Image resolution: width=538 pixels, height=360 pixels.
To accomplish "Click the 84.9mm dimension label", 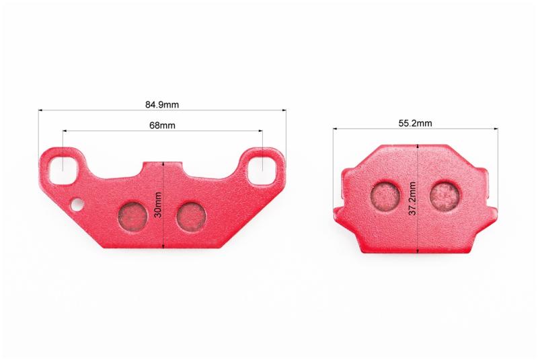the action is click(162, 104).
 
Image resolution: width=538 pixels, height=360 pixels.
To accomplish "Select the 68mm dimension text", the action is click(162, 125).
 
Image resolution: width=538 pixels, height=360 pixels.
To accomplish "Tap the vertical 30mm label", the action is click(158, 205).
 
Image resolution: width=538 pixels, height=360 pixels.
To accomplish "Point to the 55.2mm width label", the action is click(415, 123).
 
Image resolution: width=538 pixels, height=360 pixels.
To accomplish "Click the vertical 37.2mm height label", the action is click(412, 199).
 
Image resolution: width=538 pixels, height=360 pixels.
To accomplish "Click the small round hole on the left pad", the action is click(77, 204).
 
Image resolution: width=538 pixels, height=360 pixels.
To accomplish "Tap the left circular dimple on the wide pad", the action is click(132, 215).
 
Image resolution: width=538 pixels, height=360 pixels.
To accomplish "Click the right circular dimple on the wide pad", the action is click(192, 215).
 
